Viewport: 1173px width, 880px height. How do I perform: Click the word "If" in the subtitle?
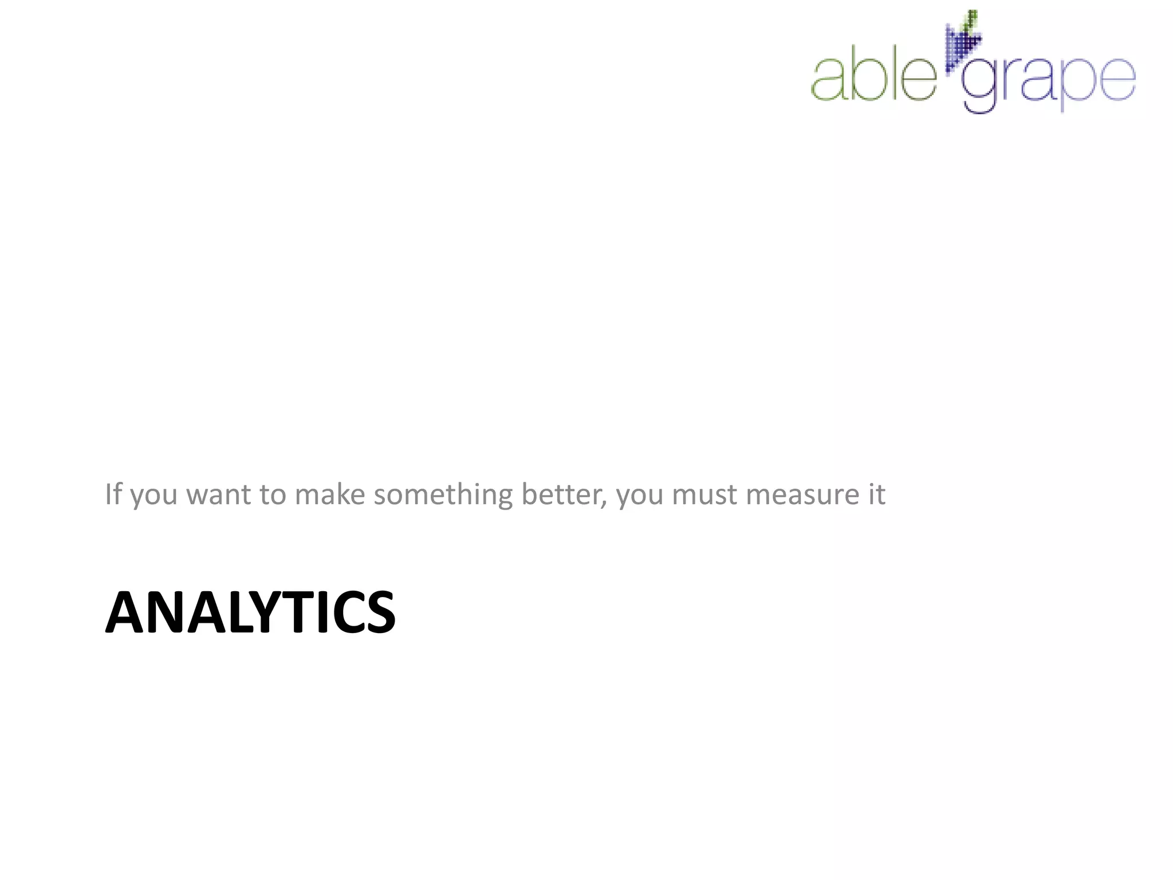(113, 494)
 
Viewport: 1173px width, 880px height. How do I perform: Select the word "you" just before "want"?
(154, 496)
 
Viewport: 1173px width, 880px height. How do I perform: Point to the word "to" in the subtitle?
(272, 494)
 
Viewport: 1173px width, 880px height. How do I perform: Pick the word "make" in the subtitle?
(329, 494)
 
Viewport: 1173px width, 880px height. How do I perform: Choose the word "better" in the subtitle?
(561, 494)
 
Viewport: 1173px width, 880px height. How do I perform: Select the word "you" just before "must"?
(639, 496)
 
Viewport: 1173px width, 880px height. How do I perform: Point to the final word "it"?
(877, 494)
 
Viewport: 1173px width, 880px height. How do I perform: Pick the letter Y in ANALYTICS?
(261, 612)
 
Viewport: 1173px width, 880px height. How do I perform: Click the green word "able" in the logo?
(873, 77)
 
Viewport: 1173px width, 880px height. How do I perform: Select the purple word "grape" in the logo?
(1048, 83)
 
